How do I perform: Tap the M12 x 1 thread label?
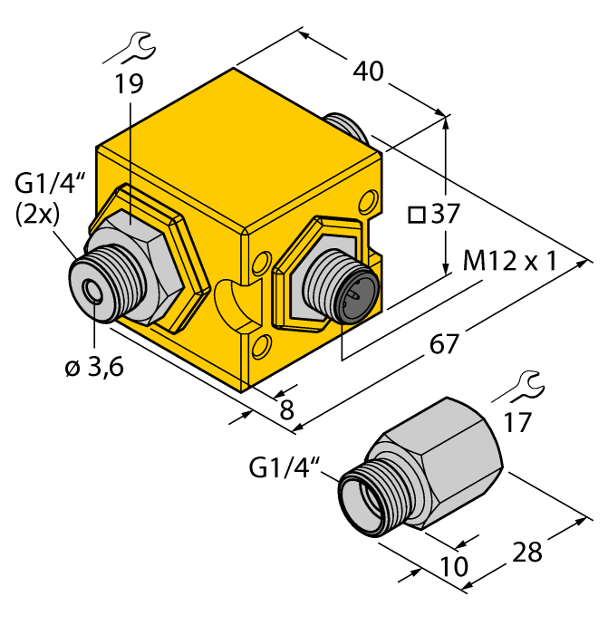[x=520, y=264]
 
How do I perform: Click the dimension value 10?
[x=453, y=568]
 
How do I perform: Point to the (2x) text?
[x=38, y=217]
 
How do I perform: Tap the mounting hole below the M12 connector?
[x=263, y=345]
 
